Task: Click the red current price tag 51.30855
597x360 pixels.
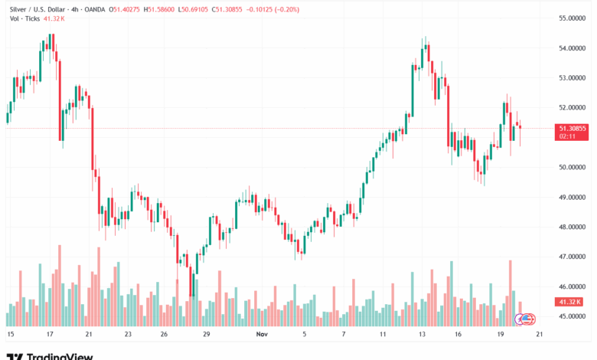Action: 573,129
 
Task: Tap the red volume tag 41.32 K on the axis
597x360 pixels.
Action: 571,303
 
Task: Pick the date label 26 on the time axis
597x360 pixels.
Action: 164,335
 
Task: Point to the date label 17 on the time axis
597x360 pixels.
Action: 50,335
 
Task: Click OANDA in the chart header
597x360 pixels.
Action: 94,9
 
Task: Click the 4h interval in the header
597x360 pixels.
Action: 73,9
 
